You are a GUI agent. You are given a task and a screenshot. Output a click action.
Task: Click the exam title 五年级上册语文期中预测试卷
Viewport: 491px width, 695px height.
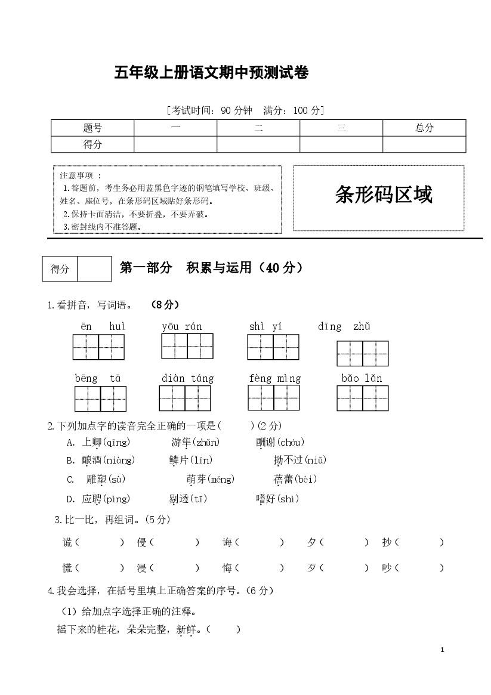(211, 73)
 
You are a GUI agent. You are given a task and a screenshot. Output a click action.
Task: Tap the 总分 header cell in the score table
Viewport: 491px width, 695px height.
(424, 128)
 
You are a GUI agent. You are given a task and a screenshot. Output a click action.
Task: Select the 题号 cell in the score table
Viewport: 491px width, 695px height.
(92, 128)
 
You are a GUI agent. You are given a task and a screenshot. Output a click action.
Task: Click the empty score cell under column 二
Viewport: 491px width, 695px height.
(258, 144)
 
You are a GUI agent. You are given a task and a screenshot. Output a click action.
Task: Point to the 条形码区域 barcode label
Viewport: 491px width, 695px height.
(384, 195)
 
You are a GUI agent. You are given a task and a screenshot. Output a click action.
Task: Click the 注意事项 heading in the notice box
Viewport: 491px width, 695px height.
(81, 175)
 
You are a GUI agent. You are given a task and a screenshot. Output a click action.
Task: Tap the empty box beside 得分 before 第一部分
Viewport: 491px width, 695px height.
(94, 268)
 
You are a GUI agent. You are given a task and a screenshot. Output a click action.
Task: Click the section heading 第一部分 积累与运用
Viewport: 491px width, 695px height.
(211, 268)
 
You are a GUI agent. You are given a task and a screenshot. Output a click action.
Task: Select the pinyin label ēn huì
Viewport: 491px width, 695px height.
(103, 327)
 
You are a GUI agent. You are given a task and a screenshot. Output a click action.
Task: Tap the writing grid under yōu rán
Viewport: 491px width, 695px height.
(187, 346)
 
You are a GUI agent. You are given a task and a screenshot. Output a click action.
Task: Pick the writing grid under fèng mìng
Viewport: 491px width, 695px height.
(273, 398)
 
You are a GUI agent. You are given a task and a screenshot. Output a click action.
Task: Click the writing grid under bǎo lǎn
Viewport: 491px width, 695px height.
(362, 398)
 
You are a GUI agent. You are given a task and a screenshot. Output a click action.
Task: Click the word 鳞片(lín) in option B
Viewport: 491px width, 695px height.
(191, 460)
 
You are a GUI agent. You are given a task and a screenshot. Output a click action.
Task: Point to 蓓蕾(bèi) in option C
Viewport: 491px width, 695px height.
(295, 479)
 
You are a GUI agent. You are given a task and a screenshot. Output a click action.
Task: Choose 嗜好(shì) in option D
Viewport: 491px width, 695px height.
(277, 499)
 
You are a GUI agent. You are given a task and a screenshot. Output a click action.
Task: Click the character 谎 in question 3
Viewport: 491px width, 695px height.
(67, 542)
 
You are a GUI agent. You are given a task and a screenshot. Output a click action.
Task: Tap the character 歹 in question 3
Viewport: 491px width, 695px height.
(311, 568)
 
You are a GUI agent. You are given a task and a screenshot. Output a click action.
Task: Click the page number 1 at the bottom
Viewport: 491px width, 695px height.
(442, 650)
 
